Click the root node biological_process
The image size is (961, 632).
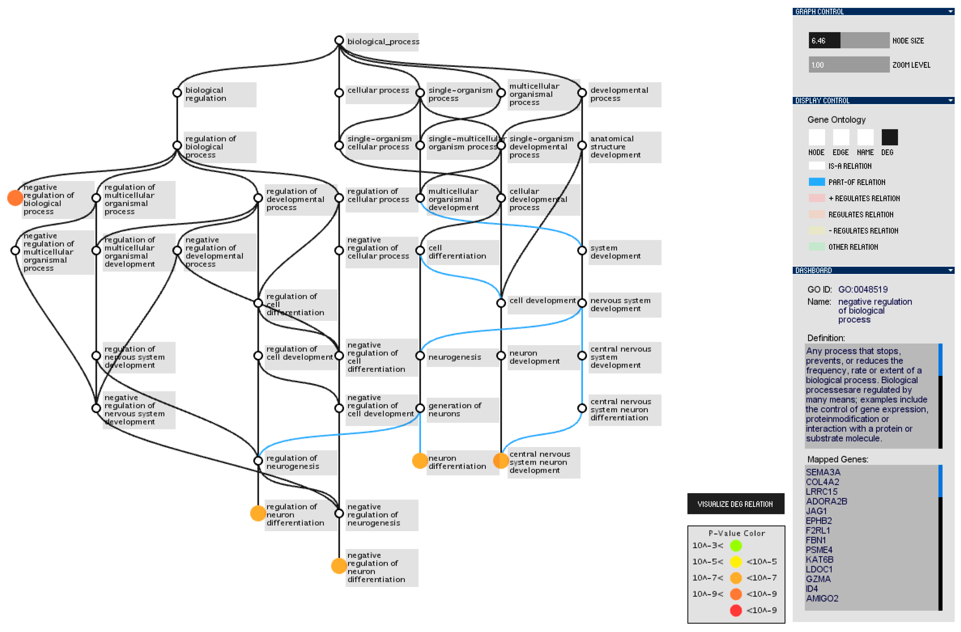(339, 40)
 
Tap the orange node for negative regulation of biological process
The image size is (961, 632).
(15, 198)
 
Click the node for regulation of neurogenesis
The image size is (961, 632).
(258, 460)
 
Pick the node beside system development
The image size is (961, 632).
(582, 250)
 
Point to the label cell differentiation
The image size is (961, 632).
(457, 252)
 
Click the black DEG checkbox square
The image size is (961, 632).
(889, 137)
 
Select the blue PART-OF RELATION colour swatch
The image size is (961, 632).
(817, 182)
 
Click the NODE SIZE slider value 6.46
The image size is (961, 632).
(824, 40)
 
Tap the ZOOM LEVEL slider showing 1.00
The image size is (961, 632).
(848, 65)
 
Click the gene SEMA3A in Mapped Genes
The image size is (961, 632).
(823, 472)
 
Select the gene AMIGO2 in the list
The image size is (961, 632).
(822, 598)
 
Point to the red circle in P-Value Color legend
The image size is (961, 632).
(736, 610)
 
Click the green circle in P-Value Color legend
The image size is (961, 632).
(736, 546)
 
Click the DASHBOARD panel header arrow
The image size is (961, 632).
(950, 270)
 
